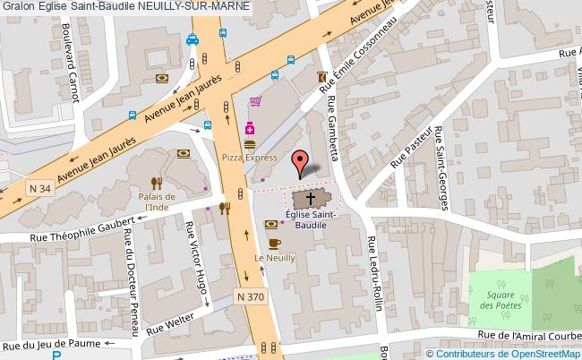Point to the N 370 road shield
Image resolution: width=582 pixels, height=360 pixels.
coord(252,296)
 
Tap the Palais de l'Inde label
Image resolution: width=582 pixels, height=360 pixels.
coord(156,201)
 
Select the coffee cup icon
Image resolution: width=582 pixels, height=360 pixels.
coord(274,243)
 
